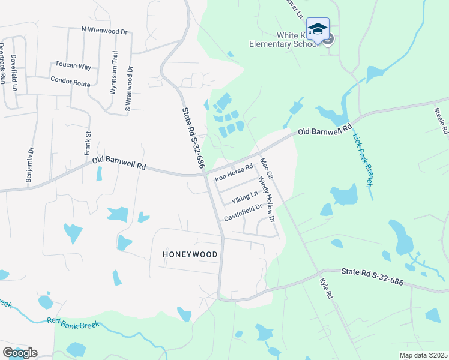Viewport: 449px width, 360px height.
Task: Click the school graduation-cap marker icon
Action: pos(318,28)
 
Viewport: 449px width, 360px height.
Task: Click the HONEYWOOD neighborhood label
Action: pos(190,254)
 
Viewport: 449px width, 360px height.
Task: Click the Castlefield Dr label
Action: pos(243,212)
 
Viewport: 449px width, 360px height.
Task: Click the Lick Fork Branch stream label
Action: pos(362,161)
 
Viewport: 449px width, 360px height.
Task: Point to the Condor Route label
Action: pos(70,81)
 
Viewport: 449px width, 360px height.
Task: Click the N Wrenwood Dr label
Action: pos(105,29)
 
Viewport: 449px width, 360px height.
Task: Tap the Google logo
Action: pos(20,352)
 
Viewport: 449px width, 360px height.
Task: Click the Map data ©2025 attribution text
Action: pos(423,355)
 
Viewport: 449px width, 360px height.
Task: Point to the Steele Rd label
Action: pos(441,119)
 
